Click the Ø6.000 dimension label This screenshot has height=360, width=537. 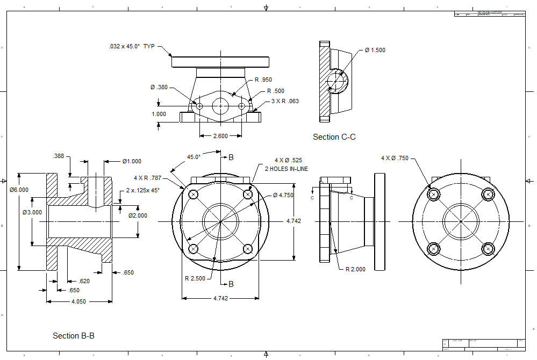[x=19, y=189]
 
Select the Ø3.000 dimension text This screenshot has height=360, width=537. [x=32, y=213]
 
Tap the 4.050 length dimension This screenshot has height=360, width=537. [x=78, y=302]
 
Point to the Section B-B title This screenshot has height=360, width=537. [x=74, y=336]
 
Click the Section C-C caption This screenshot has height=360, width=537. [x=334, y=137]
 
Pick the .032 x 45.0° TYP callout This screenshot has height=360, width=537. [x=131, y=47]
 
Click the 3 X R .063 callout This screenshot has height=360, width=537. [x=285, y=101]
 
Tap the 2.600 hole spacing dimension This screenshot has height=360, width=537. [x=220, y=136]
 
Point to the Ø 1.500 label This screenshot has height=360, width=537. [x=375, y=50]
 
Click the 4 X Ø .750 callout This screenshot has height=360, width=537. [x=395, y=158]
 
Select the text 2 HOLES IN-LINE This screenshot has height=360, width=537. [x=287, y=169]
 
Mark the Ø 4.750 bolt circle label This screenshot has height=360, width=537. [x=283, y=195]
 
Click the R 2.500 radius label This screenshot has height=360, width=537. [x=194, y=278]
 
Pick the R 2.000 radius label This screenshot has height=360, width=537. [x=355, y=269]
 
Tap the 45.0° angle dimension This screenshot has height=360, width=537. [x=194, y=157]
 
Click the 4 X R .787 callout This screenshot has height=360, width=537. [x=148, y=177]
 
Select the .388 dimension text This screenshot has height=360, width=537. [x=59, y=156]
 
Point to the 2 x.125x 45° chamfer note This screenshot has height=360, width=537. [x=142, y=190]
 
